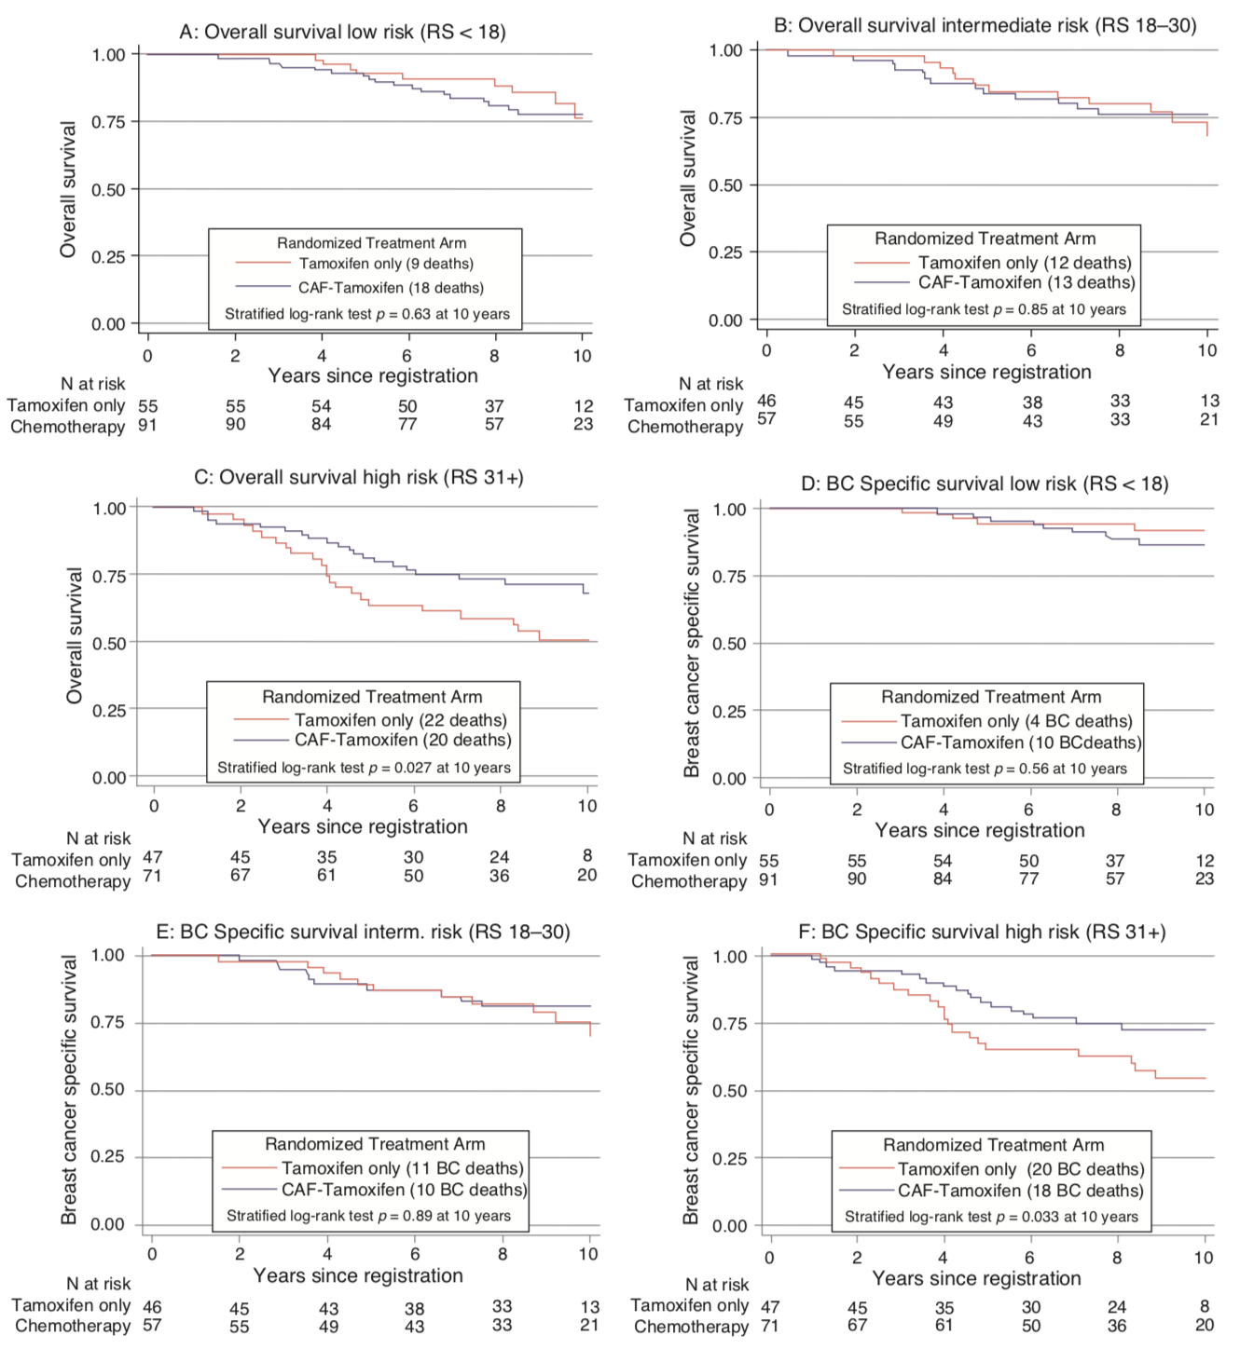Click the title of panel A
(x=342, y=32)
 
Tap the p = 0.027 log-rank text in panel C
(x=364, y=768)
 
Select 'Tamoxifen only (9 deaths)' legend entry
(x=386, y=264)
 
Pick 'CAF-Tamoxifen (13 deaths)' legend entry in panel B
(x=1026, y=282)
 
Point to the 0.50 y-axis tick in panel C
(x=109, y=643)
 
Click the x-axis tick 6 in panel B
(x=1031, y=350)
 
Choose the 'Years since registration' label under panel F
(x=976, y=1278)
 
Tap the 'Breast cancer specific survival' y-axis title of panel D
(x=691, y=643)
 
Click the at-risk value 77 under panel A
(x=407, y=425)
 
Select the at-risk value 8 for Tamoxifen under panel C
(x=587, y=855)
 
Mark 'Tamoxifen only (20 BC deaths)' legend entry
(x=1021, y=1169)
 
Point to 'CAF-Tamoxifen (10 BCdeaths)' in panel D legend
(x=1021, y=743)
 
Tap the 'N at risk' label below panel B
(x=711, y=384)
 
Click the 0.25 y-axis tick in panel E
(x=107, y=1156)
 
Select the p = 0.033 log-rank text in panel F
(x=991, y=1217)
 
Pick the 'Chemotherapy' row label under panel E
(x=73, y=1326)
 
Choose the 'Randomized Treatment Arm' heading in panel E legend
(x=375, y=1144)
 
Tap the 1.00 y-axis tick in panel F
(x=729, y=957)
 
